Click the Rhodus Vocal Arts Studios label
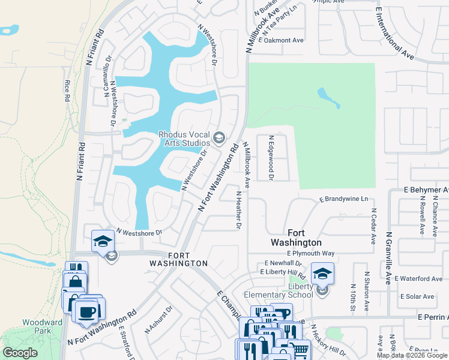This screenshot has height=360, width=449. pyautogui.click(x=184, y=139)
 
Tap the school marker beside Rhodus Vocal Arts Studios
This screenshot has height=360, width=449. pyautogui.click(x=218, y=139)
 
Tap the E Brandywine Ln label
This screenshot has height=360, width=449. pyautogui.click(x=343, y=199)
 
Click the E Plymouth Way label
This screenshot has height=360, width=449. pyautogui.click(x=310, y=253)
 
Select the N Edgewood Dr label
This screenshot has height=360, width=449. pyautogui.click(x=271, y=158)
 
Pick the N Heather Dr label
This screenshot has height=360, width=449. pyautogui.click(x=238, y=210)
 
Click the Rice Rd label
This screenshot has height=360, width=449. pyautogui.click(x=67, y=90)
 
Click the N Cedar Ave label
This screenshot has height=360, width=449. pyautogui.click(x=373, y=226)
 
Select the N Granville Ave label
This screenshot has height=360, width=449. pyautogui.click(x=389, y=258)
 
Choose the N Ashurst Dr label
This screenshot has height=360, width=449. pyautogui.click(x=159, y=319)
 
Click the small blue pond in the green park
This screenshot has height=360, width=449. pyautogui.click(x=328, y=97)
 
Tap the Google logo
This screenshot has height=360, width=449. pyautogui.click(x=20, y=352)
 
